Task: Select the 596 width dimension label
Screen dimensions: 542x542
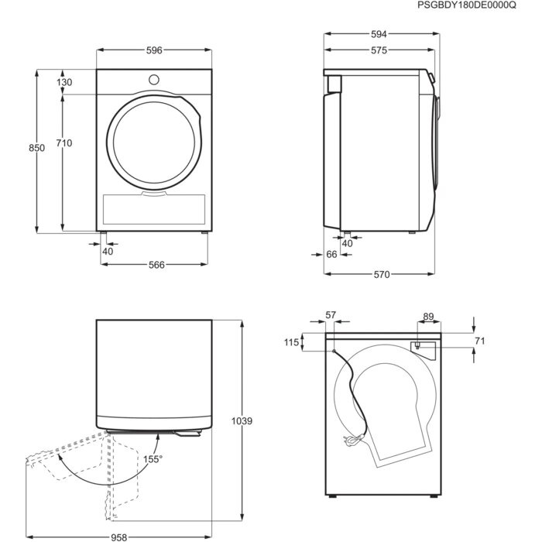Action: point(153,50)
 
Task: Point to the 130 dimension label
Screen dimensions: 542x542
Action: point(64,83)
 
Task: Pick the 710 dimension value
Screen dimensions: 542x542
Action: point(64,143)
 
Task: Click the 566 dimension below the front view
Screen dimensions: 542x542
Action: point(156,265)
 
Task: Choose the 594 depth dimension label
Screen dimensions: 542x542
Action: point(378,35)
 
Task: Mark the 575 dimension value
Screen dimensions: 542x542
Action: point(378,50)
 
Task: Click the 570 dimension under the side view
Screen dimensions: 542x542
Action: point(381,275)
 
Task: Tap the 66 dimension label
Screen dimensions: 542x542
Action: point(331,254)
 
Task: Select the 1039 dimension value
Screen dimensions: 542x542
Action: point(242,421)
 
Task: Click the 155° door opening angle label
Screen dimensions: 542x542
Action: point(153,459)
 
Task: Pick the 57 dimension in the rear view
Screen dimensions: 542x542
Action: point(331,314)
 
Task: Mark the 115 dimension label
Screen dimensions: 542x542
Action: point(290,342)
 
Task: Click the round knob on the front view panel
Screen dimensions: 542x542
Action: point(153,80)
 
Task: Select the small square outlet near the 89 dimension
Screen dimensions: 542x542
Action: point(417,346)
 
